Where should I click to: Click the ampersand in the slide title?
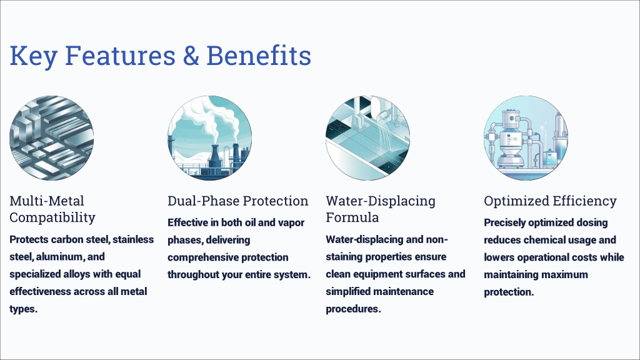(x=191, y=56)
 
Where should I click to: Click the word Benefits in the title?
(x=259, y=56)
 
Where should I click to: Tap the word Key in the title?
(x=34, y=56)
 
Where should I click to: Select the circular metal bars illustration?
(x=51, y=138)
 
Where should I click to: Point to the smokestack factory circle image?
(x=209, y=138)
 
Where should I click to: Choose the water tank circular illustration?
(x=367, y=138)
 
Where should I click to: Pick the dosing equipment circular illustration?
(x=526, y=138)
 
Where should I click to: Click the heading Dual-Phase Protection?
(x=238, y=201)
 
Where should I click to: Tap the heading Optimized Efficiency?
(x=550, y=201)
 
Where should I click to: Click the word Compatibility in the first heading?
(x=52, y=217)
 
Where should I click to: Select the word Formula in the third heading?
(x=352, y=217)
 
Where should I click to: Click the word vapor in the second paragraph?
(x=291, y=223)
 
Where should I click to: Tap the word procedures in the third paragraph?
(x=354, y=309)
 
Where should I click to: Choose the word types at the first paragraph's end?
(x=23, y=309)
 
